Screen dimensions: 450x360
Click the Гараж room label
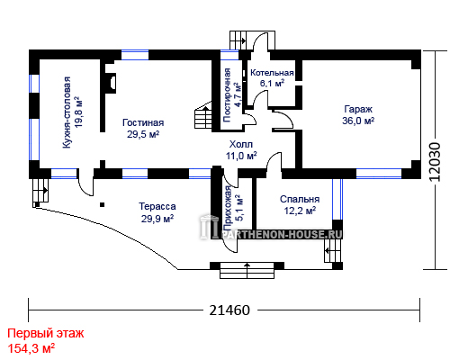click(358, 109)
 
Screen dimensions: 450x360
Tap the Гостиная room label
click(143, 122)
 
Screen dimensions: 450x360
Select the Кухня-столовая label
click(67, 112)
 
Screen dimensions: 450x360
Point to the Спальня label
click(300, 199)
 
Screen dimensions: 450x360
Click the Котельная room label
click(272, 73)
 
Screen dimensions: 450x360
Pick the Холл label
click(241, 144)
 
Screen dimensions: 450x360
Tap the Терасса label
click(157, 206)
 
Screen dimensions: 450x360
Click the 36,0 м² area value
click(358, 121)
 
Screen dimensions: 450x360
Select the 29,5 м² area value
click(143, 134)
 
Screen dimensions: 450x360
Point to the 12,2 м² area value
click(300, 211)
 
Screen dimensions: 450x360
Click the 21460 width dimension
click(229, 310)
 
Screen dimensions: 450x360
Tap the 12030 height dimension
click(435, 161)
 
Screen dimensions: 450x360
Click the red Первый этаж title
click(46, 334)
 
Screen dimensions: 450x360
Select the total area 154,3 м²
click(31, 348)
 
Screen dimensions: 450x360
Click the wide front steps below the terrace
click(247, 271)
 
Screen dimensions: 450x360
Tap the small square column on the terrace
click(103, 205)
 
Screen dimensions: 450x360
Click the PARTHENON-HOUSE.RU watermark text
click(282, 234)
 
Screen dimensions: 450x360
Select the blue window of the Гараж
click(379, 174)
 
